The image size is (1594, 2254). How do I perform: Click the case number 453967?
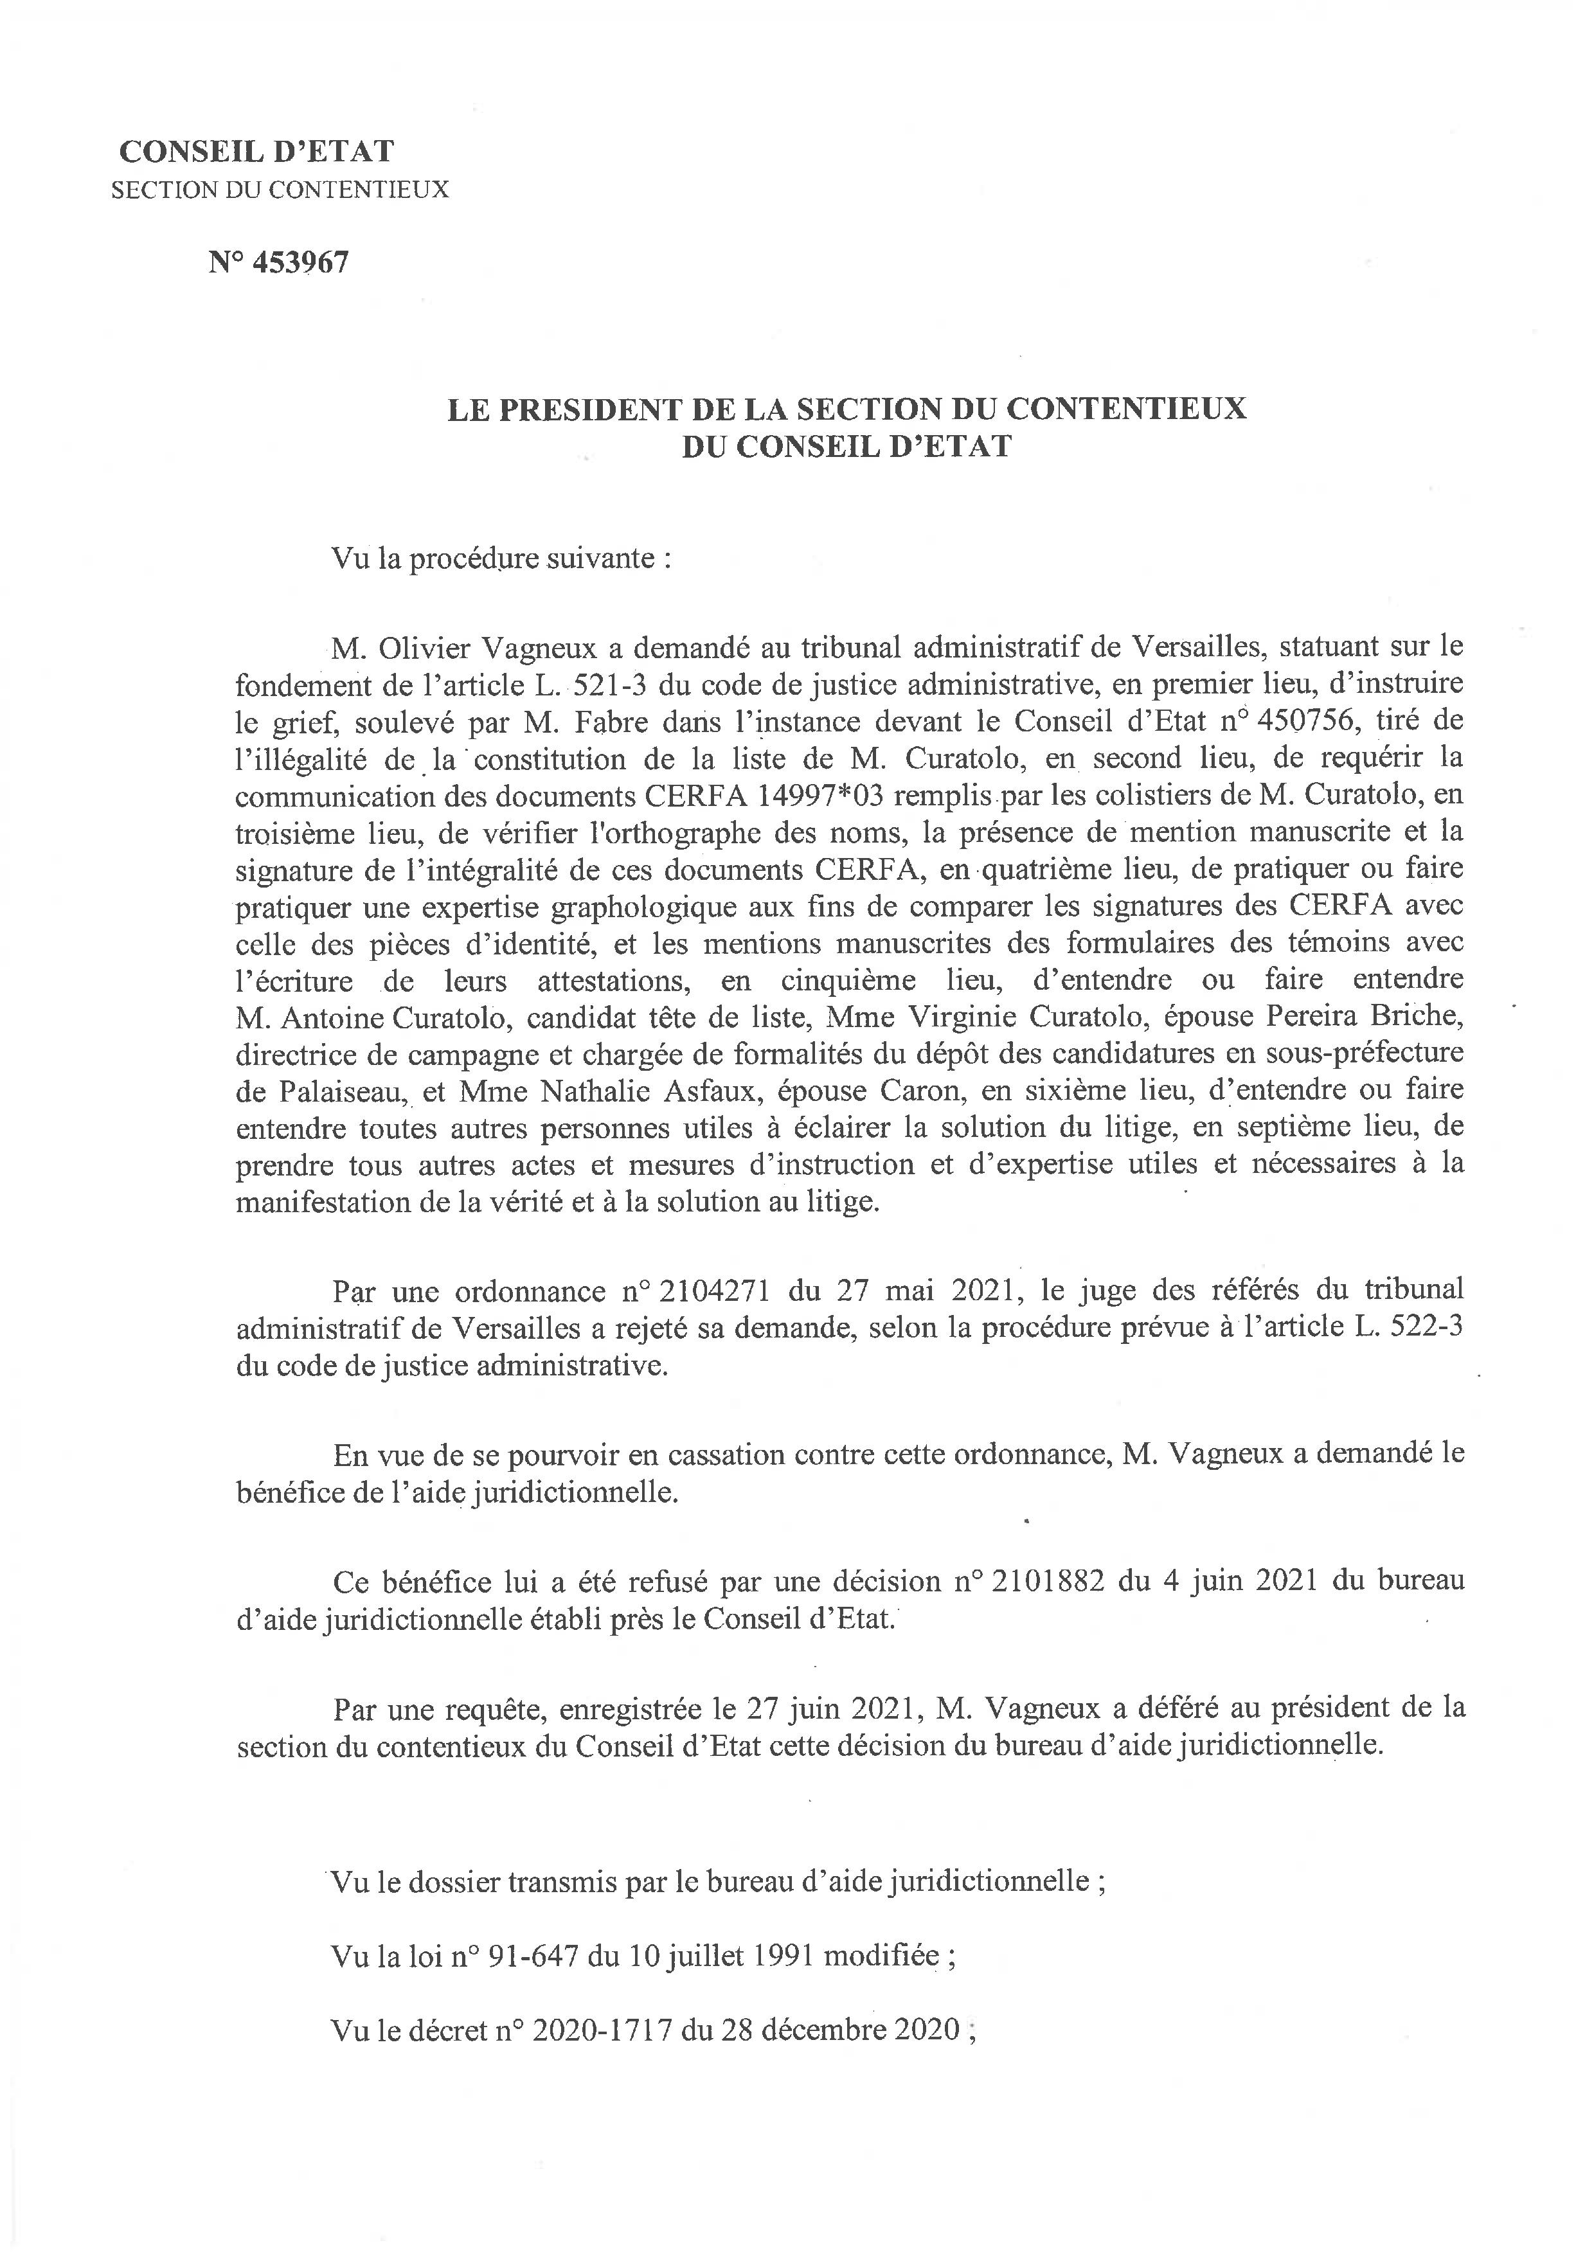pyautogui.click(x=300, y=263)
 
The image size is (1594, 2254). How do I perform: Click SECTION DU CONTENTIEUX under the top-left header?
pyautogui.click(x=280, y=190)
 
